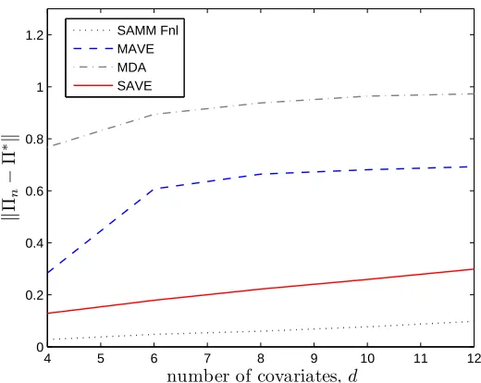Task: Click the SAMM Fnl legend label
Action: click(x=148, y=31)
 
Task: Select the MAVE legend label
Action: click(x=136, y=49)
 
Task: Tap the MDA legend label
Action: click(x=131, y=68)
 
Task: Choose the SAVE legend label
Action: click(x=134, y=86)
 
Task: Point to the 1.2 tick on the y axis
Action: click(x=34, y=35)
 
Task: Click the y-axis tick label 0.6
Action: click(x=34, y=191)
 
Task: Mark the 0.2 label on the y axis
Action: click(x=34, y=295)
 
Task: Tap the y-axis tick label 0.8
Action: click(x=34, y=139)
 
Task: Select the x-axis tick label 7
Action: click(x=207, y=358)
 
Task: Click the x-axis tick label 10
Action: click(x=367, y=358)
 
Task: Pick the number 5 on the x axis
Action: click(x=101, y=358)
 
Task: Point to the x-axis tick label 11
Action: click(x=421, y=358)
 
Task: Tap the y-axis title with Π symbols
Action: click(x=10, y=177)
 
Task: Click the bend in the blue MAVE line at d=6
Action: click(x=154, y=188)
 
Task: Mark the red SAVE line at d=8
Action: click(x=261, y=290)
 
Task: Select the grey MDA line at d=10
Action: click(x=367, y=96)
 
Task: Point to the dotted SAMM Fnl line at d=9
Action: click(x=314, y=329)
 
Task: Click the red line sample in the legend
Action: click(x=92, y=85)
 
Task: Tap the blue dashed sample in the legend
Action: click(x=92, y=49)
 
